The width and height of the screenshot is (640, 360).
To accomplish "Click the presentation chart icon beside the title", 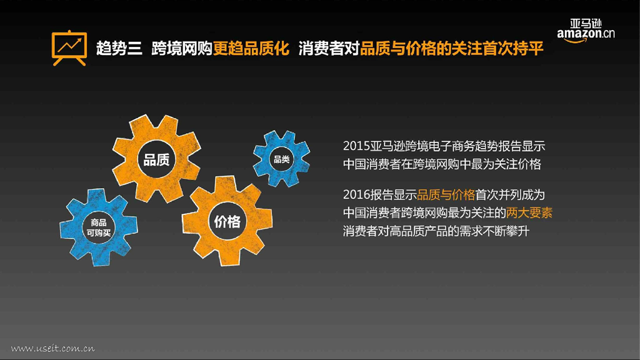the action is [x=69, y=47].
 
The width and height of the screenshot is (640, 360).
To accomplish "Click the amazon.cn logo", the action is [x=586, y=31].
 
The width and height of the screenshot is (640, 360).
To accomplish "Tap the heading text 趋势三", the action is [x=119, y=49].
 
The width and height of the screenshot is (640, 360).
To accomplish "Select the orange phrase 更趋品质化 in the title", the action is [x=251, y=49].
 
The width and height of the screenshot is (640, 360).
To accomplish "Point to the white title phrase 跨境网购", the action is [x=182, y=49].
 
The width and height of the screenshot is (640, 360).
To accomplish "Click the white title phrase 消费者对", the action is [x=329, y=49].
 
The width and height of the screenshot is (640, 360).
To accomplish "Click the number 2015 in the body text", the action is [x=356, y=146].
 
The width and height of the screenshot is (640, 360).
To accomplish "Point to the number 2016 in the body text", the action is [x=356, y=195].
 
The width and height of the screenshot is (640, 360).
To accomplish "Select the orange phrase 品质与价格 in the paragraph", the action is [x=446, y=195].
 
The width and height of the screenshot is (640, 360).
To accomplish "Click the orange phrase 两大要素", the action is [x=529, y=213].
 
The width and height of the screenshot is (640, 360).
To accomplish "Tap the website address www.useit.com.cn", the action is [x=52, y=348].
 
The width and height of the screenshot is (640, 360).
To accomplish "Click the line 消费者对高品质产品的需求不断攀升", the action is [x=436, y=231].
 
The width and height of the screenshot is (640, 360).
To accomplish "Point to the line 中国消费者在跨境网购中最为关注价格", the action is [x=442, y=164].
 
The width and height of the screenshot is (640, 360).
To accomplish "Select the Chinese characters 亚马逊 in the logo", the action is [x=586, y=23].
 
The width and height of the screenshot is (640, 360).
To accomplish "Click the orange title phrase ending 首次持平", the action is [x=451, y=49].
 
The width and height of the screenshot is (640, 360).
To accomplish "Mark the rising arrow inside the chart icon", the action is [x=69, y=44].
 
